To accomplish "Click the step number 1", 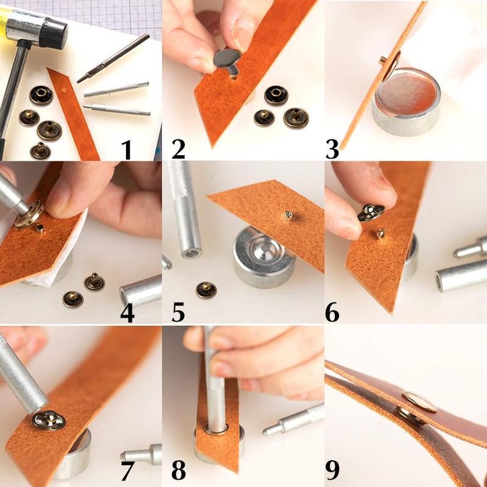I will [x=127, y=149].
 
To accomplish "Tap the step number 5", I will [x=178, y=310].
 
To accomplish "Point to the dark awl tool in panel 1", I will [x=113, y=58].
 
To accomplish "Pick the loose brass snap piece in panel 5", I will [x=206, y=290].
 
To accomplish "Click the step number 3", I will [x=332, y=149].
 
